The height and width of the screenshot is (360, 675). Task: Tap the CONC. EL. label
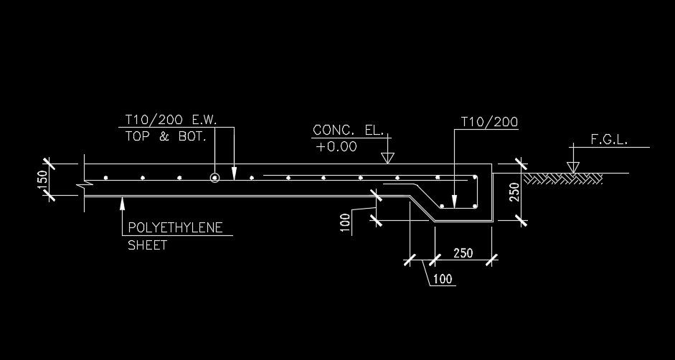coord(349,131)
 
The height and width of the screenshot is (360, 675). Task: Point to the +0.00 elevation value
coord(336,148)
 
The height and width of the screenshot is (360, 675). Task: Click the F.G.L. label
coord(609,141)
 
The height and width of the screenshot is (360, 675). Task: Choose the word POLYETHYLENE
coord(175,229)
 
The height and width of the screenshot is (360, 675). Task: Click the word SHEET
coord(147,245)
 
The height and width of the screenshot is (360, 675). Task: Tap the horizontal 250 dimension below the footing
coord(463,253)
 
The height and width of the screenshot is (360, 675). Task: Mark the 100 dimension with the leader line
coord(443,279)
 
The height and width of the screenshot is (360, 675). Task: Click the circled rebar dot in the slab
coord(214,177)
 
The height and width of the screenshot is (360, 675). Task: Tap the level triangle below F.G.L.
coord(572,167)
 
